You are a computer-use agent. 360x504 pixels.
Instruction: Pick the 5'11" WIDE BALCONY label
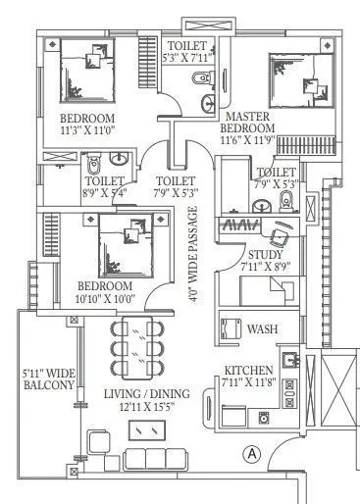(x=49, y=379)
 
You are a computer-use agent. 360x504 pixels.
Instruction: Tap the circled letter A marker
(x=252, y=453)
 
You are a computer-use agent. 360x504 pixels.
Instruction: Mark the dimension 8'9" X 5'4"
(x=103, y=194)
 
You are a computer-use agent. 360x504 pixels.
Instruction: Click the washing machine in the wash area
(x=231, y=328)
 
